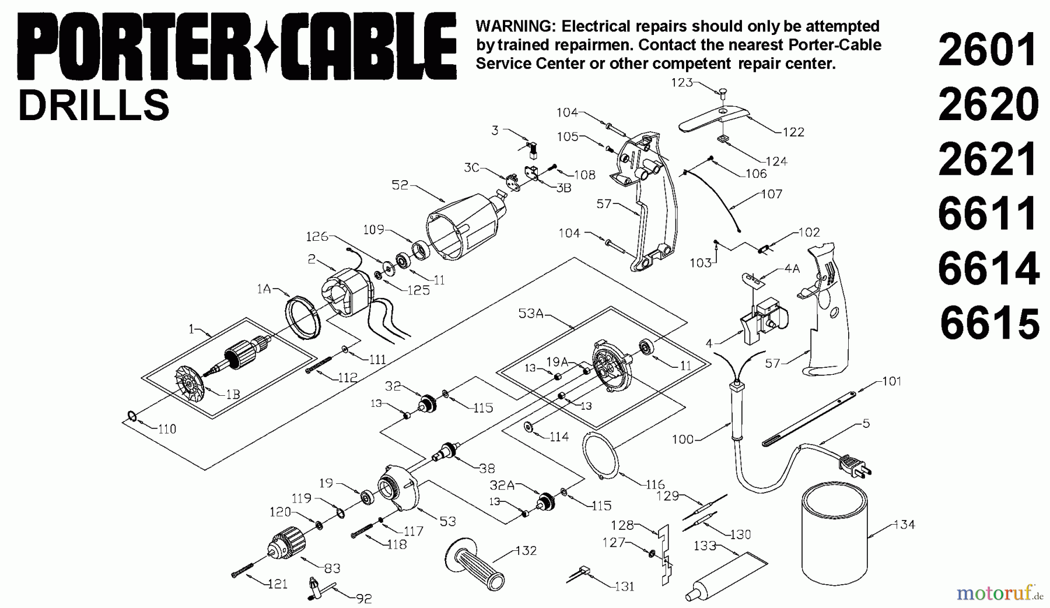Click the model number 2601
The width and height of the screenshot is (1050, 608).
(x=988, y=51)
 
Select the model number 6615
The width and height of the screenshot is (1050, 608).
(x=990, y=324)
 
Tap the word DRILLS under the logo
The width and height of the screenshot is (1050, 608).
(x=94, y=106)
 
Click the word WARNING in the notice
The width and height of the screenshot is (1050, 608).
(x=510, y=26)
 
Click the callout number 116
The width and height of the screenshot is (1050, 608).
(x=655, y=484)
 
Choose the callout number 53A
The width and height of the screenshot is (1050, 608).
(x=530, y=314)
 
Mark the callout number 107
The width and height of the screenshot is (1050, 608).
(x=772, y=194)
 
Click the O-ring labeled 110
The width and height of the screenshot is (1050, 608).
(x=132, y=416)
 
